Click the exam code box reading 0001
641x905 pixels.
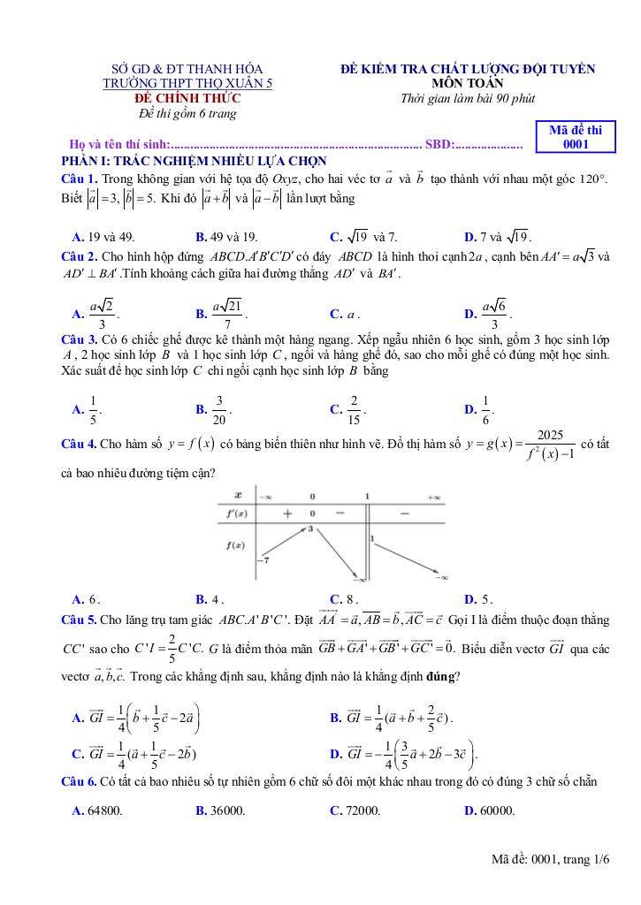click(x=576, y=137)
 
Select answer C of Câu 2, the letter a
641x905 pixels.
click(x=345, y=314)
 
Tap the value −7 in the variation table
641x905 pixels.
click(x=263, y=560)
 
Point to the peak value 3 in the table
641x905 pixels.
click(x=310, y=529)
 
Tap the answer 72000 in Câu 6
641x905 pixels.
click(x=355, y=810)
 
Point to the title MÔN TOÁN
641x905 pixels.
click(x=468, y=83)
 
